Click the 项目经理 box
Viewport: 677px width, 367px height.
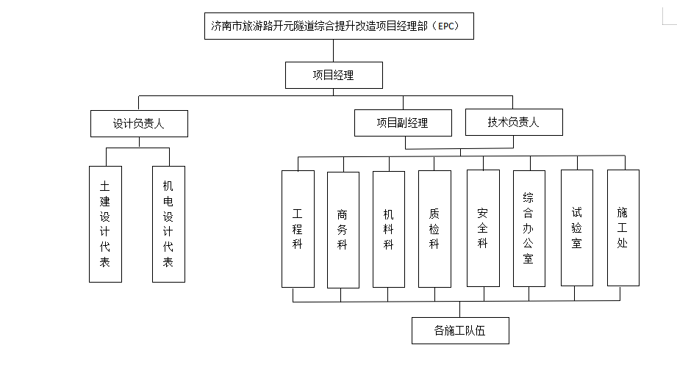(333, 75)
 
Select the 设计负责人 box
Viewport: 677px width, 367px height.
(139, 123)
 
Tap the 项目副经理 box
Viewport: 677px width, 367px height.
(402, 123)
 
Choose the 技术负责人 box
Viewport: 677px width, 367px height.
(514, 123)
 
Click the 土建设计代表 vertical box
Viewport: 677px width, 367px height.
(105, 224)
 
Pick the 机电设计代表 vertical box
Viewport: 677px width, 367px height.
(168, 224)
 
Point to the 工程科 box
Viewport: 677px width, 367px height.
(298, 229)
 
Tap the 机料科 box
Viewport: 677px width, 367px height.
(388, 229)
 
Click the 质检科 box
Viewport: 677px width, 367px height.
(434, 229)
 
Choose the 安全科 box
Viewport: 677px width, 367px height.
(482, 228)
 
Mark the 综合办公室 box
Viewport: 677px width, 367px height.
(529, 228)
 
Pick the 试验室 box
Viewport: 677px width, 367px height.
(576, 228)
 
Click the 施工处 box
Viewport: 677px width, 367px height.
(623, 228)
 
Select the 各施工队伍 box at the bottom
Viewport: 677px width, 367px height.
(460, 331)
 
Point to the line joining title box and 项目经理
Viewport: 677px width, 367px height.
(333, 51)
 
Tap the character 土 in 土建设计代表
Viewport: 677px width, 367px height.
(105, 186)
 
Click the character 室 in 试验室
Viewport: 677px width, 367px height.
(576, 243)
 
